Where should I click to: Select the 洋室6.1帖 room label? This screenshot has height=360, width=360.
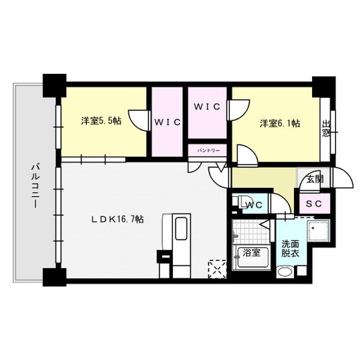coord(280,123)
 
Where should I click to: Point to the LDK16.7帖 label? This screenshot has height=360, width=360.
coord(117,220)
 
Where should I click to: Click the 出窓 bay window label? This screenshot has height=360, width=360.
coord(326,127)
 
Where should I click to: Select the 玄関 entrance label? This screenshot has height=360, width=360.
coord(314,179)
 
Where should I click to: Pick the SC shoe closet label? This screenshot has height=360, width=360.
coord(314,204)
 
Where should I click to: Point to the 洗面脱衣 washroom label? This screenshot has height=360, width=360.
coord(292,248)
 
